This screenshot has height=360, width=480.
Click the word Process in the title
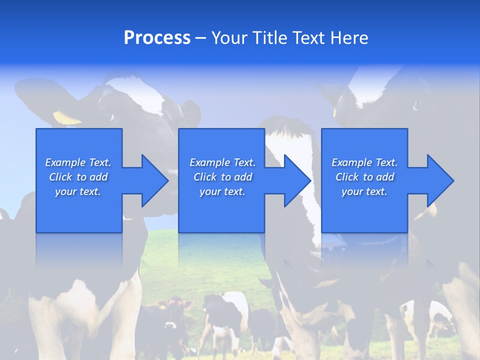coord(157,38)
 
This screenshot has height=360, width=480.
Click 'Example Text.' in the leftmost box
coord(78,162)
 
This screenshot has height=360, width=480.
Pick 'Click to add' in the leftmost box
coord(78,177)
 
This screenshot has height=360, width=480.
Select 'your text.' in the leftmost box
coord(78,191)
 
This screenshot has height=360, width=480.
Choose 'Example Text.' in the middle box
coord(222,162)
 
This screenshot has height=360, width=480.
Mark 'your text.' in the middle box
coord(222,191)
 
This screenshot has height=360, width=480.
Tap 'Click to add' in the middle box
coord(222,177)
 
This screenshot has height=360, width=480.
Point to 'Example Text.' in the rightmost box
coord(364,162)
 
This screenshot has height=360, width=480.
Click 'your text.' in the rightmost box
coord(364,191)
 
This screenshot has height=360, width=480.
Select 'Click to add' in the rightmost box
coord(364,177)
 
